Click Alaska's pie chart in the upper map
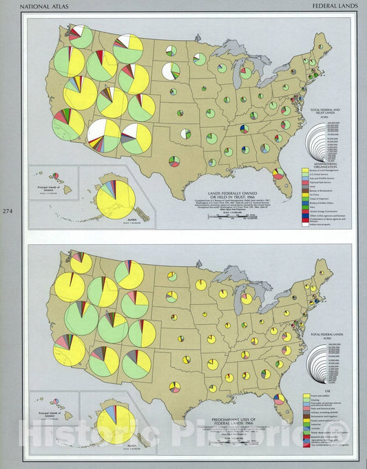pos(115,199)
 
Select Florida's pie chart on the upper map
pos(278,173)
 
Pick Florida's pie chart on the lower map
pos(279,399)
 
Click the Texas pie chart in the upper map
pos(174,161)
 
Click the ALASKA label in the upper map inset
pos(125,221)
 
